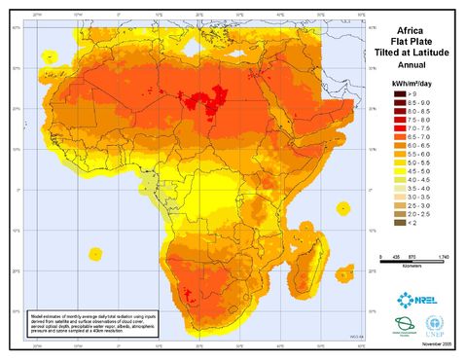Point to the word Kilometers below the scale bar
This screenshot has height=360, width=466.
413,263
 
